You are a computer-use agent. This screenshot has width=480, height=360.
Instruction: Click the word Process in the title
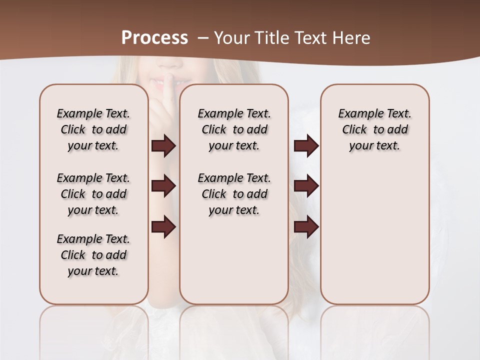pos(154,37)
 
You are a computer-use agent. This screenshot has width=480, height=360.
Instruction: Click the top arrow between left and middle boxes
pos(163,146)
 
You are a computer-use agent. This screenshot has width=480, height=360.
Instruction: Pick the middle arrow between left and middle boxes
pos(163,186)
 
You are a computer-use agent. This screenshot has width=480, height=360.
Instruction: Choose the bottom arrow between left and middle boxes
pos(163,227)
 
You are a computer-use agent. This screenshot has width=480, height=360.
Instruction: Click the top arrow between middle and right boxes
pos(306,146)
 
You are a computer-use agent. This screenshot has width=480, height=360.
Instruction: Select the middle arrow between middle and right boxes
pos(306,186)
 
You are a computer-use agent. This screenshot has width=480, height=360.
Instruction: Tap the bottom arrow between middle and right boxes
pos(306,227)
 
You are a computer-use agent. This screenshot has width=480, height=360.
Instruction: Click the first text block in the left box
pos(93,129)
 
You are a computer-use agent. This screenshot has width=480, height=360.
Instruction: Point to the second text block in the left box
pos(93,194)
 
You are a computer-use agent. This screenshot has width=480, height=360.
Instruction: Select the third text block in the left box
pos(93,255)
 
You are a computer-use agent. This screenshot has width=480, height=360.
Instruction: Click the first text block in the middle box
pos(234,129)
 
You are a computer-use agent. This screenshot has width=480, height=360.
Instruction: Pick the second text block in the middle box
pos(234,194)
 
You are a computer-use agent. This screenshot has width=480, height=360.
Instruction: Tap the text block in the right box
pos(375,129)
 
